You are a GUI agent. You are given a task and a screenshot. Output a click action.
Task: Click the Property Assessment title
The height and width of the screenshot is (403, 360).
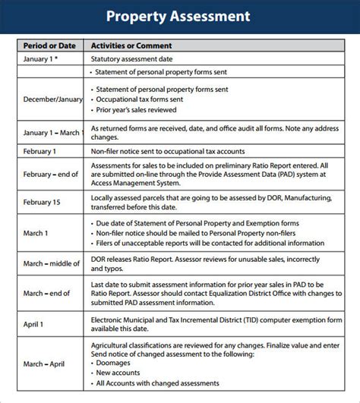click(178, 16)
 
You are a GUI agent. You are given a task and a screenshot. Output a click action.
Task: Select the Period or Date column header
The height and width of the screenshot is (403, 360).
click(50, 46)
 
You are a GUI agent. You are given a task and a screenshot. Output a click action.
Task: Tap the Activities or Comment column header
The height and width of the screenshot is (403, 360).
click(131, 46)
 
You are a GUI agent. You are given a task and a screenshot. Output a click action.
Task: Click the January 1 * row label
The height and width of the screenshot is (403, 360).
click(41, 58)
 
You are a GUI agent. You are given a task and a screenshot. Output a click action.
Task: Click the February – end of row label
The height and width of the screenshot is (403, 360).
click(51, 174)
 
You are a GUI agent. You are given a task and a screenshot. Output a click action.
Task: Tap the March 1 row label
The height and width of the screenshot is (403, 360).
click(36, 233)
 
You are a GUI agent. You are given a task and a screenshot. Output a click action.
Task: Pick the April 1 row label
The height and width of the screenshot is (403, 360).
click(33, 323)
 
